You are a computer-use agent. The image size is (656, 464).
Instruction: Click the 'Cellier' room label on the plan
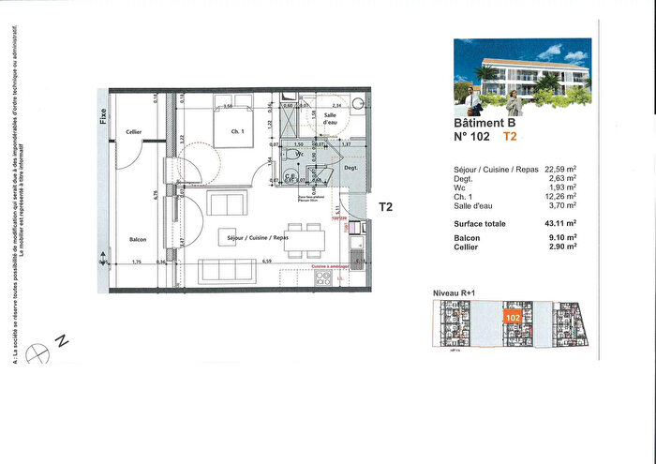point(134,132)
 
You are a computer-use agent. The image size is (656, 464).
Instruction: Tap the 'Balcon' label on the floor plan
point(139,239)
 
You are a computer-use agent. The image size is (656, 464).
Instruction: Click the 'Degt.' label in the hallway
point(351,167)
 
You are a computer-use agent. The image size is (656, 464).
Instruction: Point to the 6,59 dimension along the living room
point(266,262)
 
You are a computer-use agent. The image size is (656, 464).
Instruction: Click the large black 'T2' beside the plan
point(386,208)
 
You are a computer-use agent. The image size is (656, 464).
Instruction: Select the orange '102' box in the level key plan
point(513,319)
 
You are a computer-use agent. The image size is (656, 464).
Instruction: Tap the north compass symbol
point(38,352)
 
